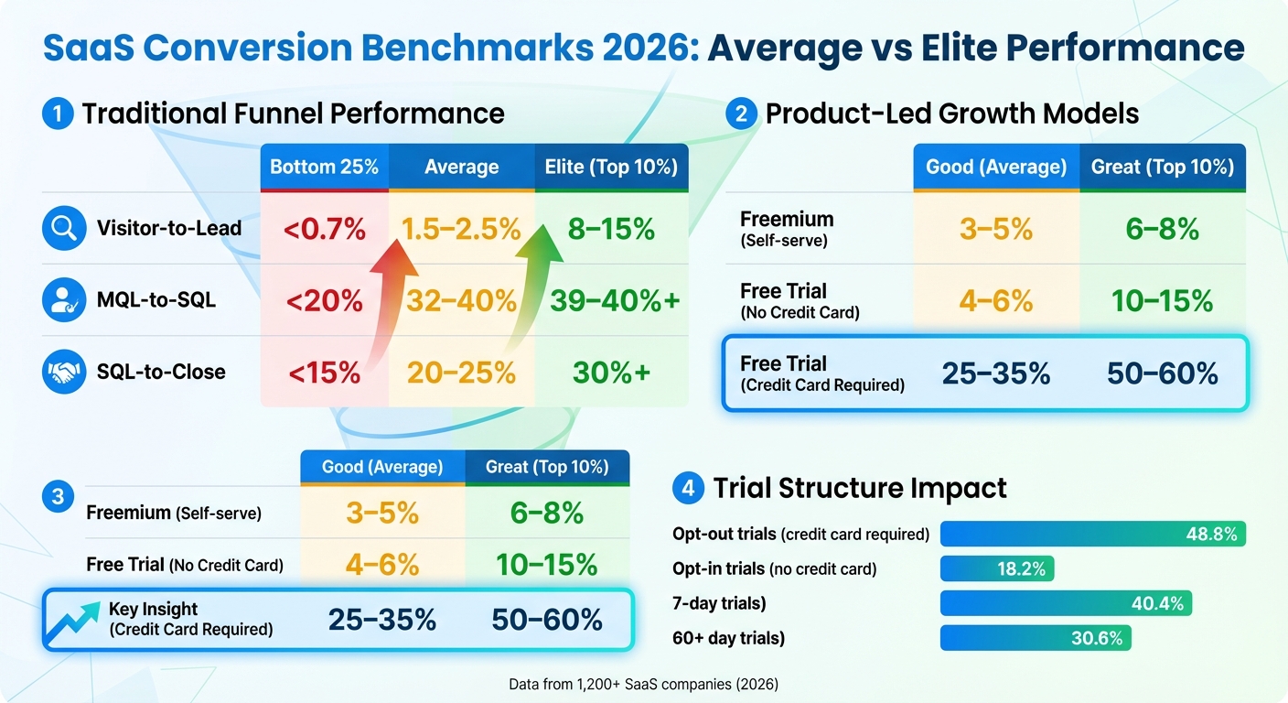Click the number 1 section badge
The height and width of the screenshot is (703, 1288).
[58, 114]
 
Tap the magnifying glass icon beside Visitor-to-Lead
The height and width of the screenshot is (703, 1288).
[64, 229]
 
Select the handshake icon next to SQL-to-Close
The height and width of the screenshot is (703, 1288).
[64, 372]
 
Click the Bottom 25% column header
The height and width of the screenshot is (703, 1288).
[324, 168]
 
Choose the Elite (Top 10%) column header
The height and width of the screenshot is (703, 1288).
[610, 168]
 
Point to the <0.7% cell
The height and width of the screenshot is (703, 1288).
[324, 229]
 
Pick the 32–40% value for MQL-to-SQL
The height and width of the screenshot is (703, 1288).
[461, 300]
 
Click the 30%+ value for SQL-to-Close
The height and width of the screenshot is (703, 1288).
[610, 373]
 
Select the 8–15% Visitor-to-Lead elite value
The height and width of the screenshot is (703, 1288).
[610, 229]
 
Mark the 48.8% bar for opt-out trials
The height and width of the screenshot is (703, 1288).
[1093, 535]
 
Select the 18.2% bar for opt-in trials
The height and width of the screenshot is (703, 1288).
[997, 569]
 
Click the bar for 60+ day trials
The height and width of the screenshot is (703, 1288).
[1036, 639]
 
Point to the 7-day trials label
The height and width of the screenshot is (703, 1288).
[719, 604]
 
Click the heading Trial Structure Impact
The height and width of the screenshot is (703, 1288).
[860, 488]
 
